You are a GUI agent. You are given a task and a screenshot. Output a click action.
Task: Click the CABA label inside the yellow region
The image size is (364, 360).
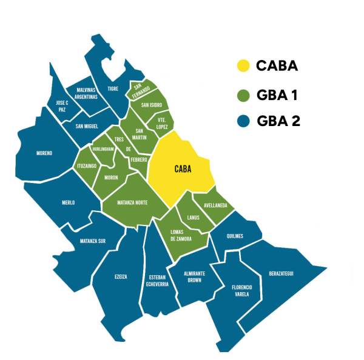click(x=182, y=170)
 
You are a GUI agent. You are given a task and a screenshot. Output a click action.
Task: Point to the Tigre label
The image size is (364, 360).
click(x=113, y=88)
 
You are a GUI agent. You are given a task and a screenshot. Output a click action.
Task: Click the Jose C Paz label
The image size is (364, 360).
click(x=58, y=106)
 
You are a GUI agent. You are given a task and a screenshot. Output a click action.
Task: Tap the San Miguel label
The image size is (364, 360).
click(x=87, y=126)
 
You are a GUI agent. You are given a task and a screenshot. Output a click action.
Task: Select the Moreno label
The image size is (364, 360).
click(x=44, y=153)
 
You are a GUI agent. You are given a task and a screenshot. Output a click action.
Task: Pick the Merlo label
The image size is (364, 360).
click(x=68, y=202)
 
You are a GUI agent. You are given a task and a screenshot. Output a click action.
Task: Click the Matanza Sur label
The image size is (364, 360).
click(x=93, y=241)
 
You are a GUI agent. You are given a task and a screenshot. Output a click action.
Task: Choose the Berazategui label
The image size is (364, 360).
click(x=281, y=274)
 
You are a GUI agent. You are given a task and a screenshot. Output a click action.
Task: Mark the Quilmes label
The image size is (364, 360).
click(x=234, y=236)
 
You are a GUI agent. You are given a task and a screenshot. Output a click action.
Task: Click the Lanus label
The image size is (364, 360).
click(x=194, y=217)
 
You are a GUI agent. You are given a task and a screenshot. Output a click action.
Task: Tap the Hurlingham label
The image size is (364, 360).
click(x=102, y=148)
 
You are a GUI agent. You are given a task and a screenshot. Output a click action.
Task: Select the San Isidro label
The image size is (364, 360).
click(x=151, y=105)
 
